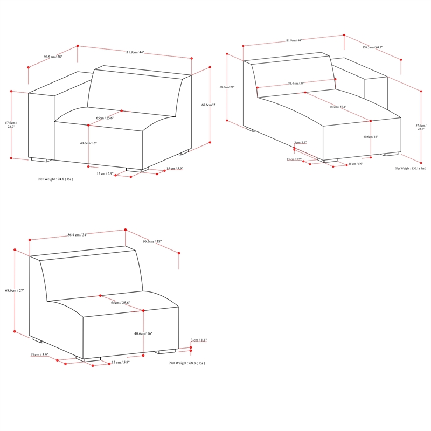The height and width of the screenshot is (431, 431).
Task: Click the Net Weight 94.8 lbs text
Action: (55, 179)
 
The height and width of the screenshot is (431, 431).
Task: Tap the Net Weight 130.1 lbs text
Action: (411, 168)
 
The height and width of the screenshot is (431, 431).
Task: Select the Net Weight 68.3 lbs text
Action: (187, 363)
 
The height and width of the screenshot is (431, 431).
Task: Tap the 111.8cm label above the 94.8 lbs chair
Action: (134, 52)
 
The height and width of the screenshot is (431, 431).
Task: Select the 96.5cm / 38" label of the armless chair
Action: (152, 242)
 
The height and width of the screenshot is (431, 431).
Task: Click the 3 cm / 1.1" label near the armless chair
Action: (199, 340)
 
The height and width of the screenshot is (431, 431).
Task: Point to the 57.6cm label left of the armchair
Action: (11, 125)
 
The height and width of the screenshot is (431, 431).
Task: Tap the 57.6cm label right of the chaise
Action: (420, 127)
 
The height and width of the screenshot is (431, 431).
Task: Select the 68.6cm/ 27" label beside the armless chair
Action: (15, 290)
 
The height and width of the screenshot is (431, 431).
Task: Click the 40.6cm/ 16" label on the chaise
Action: (370, 137)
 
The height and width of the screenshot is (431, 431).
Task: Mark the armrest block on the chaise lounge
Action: (376, 94)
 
